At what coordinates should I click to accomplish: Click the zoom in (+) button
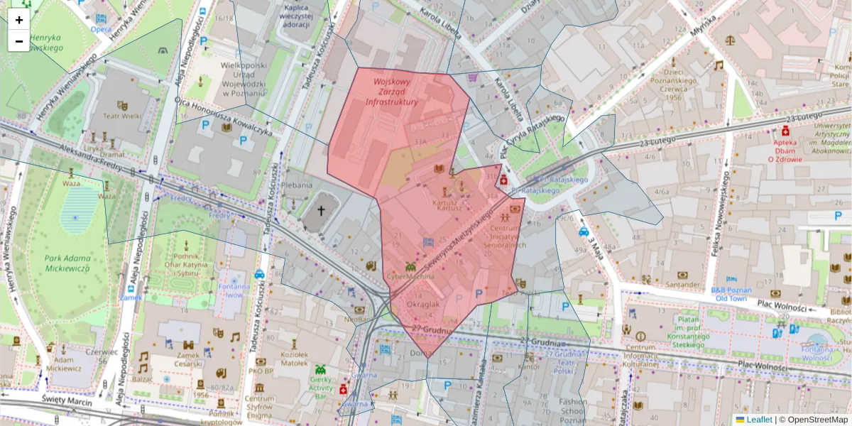[19, 19]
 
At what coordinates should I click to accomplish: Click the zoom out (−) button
[19, 41]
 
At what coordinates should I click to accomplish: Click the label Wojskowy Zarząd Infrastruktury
[391, 92]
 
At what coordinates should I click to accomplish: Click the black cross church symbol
[321, 210]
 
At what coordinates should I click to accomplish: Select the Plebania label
[297, 185]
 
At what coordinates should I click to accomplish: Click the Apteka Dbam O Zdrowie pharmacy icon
[786, 132]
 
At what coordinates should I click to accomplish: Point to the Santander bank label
[683, 285]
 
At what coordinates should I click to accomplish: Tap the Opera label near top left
[100, 29]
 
